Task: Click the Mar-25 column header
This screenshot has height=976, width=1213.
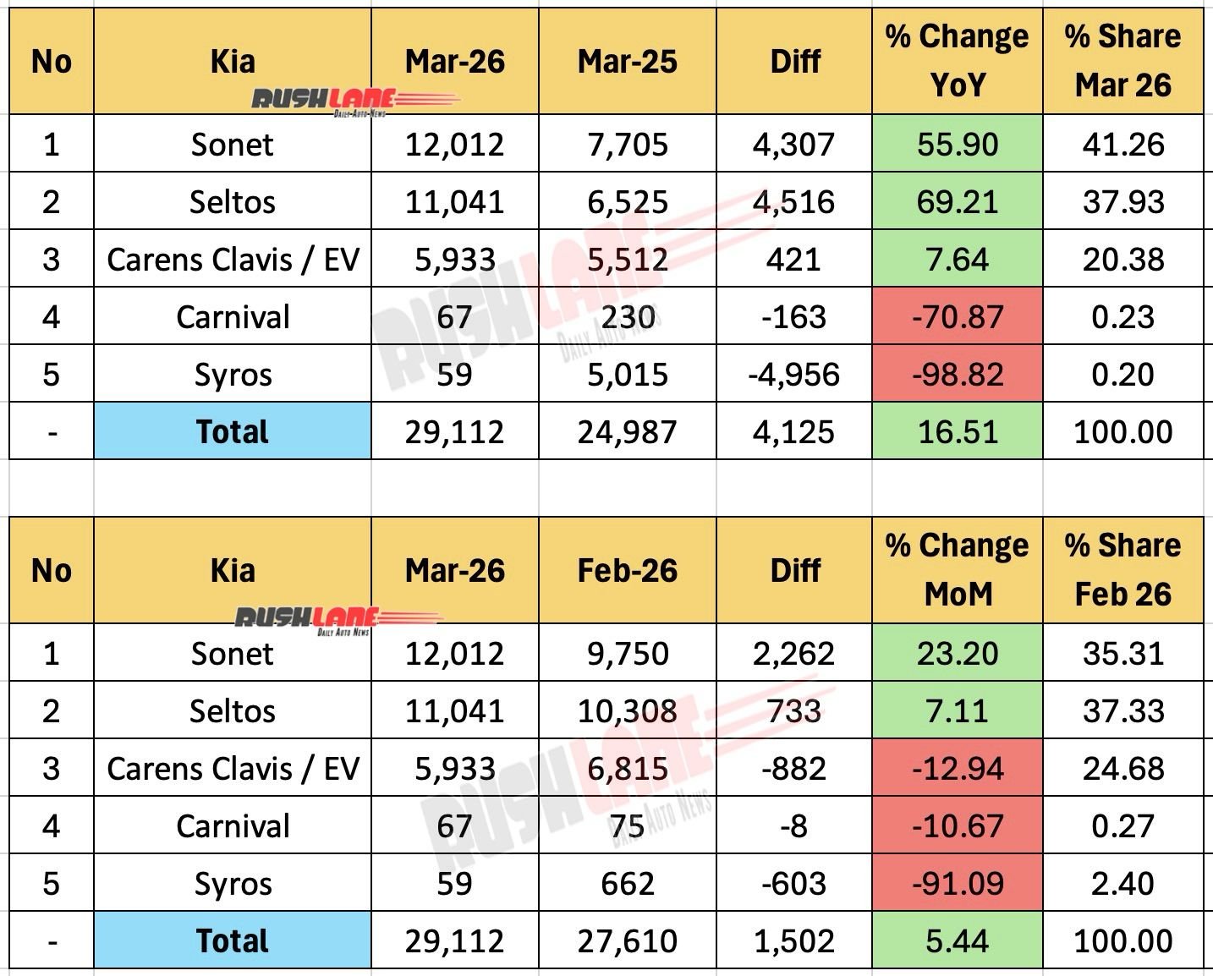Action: (627, 62)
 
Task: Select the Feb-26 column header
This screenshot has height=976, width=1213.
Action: (627, 571)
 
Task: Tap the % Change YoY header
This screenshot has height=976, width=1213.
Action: (957, 61)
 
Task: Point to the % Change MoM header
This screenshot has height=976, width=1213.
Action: (957, 570)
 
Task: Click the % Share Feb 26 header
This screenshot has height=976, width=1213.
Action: (1122, 570)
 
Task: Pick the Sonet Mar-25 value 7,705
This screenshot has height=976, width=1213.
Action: (627, 145)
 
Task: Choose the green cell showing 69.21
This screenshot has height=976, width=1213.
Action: (957, 202)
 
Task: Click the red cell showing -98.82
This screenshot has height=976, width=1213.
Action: (957, 375)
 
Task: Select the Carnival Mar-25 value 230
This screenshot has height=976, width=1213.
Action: (627, 317)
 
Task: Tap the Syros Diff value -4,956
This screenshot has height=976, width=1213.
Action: (793, 375)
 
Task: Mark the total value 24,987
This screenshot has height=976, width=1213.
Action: (627, 432)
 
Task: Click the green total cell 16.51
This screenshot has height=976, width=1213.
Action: (957, 432)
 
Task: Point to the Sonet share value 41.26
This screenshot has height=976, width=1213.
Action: (1122, 145)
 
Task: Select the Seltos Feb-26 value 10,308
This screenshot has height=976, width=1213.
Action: (627, 711)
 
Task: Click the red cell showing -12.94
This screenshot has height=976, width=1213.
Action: (957, 769)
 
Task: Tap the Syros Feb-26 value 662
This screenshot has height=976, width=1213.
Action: (627, 884)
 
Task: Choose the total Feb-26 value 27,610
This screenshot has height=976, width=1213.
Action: (627, 941)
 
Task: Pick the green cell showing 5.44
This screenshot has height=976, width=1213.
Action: (957, 941)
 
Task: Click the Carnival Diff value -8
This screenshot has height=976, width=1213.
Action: (793, 826)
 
